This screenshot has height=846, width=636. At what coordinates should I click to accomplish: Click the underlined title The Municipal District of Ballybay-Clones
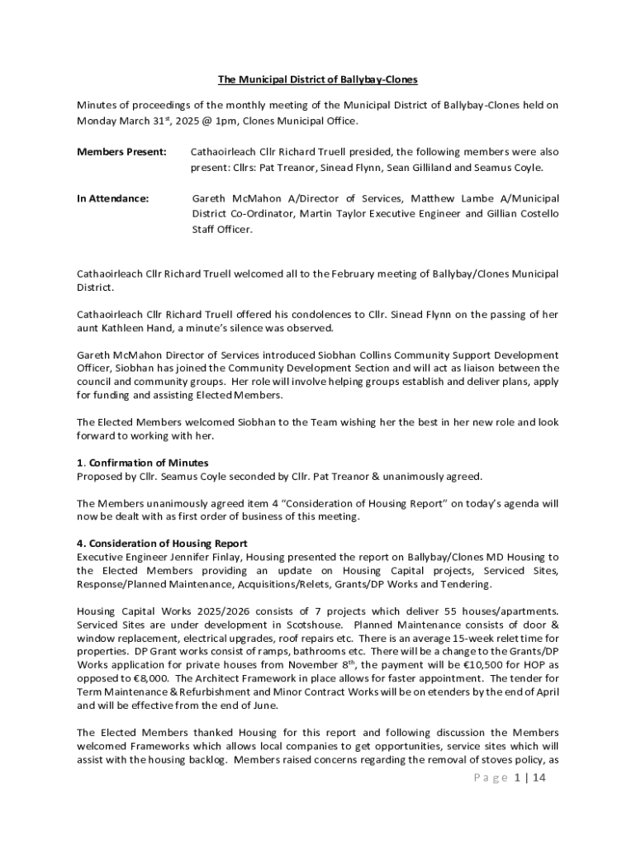[318, 79]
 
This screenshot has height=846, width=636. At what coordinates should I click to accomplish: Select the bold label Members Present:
[121, 152]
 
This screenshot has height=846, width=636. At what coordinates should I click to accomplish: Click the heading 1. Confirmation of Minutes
[142, 462]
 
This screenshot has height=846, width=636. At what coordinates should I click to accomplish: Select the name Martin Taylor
[334, 214]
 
